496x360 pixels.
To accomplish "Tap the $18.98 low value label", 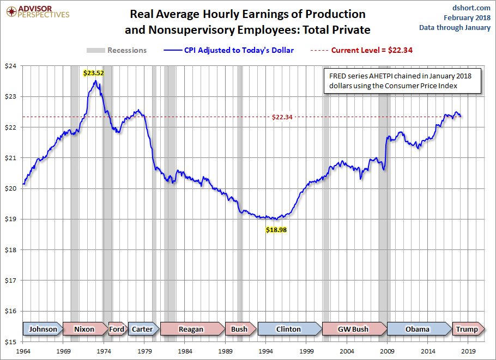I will coord(276,230).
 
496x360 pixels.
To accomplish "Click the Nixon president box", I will coord(84,329).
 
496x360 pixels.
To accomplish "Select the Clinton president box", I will coord(288,329).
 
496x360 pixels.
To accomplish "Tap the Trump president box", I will coord(467,329).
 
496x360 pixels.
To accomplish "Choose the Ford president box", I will coord(117,329).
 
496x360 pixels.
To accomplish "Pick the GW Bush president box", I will coord(353,329).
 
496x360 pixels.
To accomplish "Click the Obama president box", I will coord(418,329).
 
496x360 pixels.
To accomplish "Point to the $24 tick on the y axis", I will coord(10,66).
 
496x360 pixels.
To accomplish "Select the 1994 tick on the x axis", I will coord(266,351).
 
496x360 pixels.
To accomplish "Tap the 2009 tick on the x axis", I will coord(388,351).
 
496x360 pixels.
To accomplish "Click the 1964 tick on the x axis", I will coord(23,351).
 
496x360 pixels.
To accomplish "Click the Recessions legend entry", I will coord(117,50).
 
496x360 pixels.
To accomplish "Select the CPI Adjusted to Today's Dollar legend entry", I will coord(229,50).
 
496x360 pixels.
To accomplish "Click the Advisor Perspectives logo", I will coord(37,11).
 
